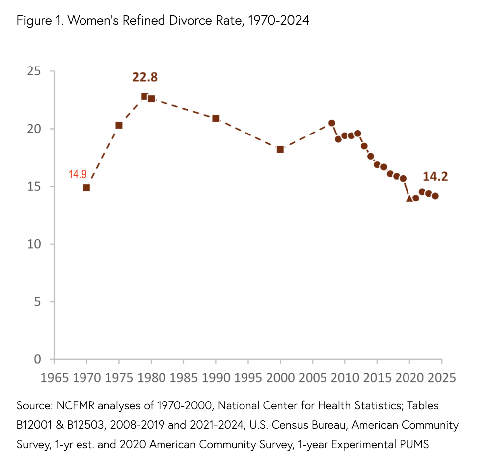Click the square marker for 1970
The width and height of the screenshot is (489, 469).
tap(86, 188)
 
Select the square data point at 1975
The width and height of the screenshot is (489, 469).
tap(119, 125)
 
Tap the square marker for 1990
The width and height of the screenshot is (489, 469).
tap(216, 118)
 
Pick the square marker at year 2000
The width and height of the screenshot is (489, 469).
tap(280, 149)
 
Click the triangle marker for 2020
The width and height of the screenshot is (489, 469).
tap(409, 199)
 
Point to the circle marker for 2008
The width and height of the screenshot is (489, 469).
tap(332, 123)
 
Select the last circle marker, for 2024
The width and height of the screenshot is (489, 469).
tap(435, 196)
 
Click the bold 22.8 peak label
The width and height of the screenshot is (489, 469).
tap(145, 77)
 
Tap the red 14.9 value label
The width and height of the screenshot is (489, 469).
tap(78, 174)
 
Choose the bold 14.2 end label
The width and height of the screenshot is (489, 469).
tap(435, 177)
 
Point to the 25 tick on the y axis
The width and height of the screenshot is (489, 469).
tap(34, 71)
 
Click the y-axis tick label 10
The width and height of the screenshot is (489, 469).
tap(34, 244)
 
